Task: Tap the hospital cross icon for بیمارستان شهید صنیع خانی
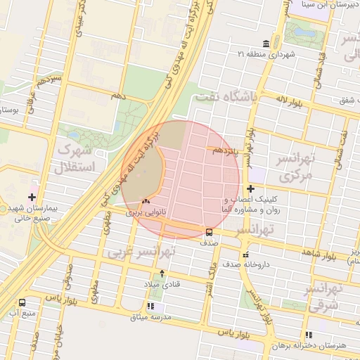[x=32, y=197]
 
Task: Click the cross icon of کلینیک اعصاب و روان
[x=251, y=188]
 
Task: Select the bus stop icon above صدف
[x=209, y=233]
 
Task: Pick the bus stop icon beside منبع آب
[x=22, y=303]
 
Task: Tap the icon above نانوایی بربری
[x=146, y=201]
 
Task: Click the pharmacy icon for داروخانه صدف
[x=245, y=255]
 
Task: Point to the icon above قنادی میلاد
[x=163, y=274]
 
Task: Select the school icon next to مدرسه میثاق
[x=152, y=306]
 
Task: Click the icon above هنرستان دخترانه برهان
[x=308, y=335]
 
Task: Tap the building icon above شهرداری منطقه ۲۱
[x=265, y=43]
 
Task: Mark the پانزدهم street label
[x=226, y=150]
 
